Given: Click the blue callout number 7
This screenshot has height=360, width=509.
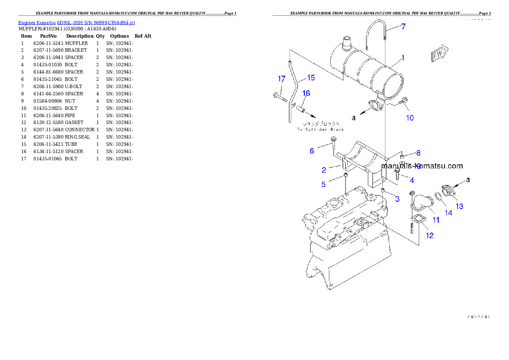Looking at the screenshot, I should (x=403, y=27).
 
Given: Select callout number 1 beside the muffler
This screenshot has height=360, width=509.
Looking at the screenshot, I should (x=402, y=57).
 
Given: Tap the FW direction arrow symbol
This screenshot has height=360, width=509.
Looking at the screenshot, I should (x=439, y=54).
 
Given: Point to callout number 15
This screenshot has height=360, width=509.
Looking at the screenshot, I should (x=311, y=77).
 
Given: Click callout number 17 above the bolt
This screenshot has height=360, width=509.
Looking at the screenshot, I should (x=281, y=79).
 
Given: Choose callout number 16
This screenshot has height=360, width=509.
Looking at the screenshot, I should (x=306, y=93).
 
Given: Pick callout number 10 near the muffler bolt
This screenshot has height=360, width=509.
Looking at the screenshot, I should (x=410, y=118).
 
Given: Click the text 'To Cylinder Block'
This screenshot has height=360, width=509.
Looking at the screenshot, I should (x=320, y=129).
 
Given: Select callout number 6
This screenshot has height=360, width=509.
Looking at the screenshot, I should (x=312, y=150).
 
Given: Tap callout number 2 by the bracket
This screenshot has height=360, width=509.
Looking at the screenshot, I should (x=324, y=170).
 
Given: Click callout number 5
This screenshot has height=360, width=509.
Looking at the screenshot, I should (x=323, y=184).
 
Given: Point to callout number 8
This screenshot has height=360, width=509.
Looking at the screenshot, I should (x=418, y=153).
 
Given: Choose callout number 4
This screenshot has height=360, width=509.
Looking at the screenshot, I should (x=411, y=180).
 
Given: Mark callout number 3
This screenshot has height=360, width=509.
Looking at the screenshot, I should (x=397, y=198).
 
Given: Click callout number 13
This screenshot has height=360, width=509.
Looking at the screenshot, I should (x=459, y=207).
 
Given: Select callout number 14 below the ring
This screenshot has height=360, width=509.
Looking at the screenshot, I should (x=448, y=212).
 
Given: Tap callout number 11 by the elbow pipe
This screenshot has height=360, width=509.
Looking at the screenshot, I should (x=436, y=220).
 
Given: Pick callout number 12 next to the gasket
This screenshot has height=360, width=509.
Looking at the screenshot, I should (x=430, y=235).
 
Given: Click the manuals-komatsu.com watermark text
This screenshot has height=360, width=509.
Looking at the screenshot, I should (x=422, y=166).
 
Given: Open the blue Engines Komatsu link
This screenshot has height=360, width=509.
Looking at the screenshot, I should (x=77, y=23).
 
